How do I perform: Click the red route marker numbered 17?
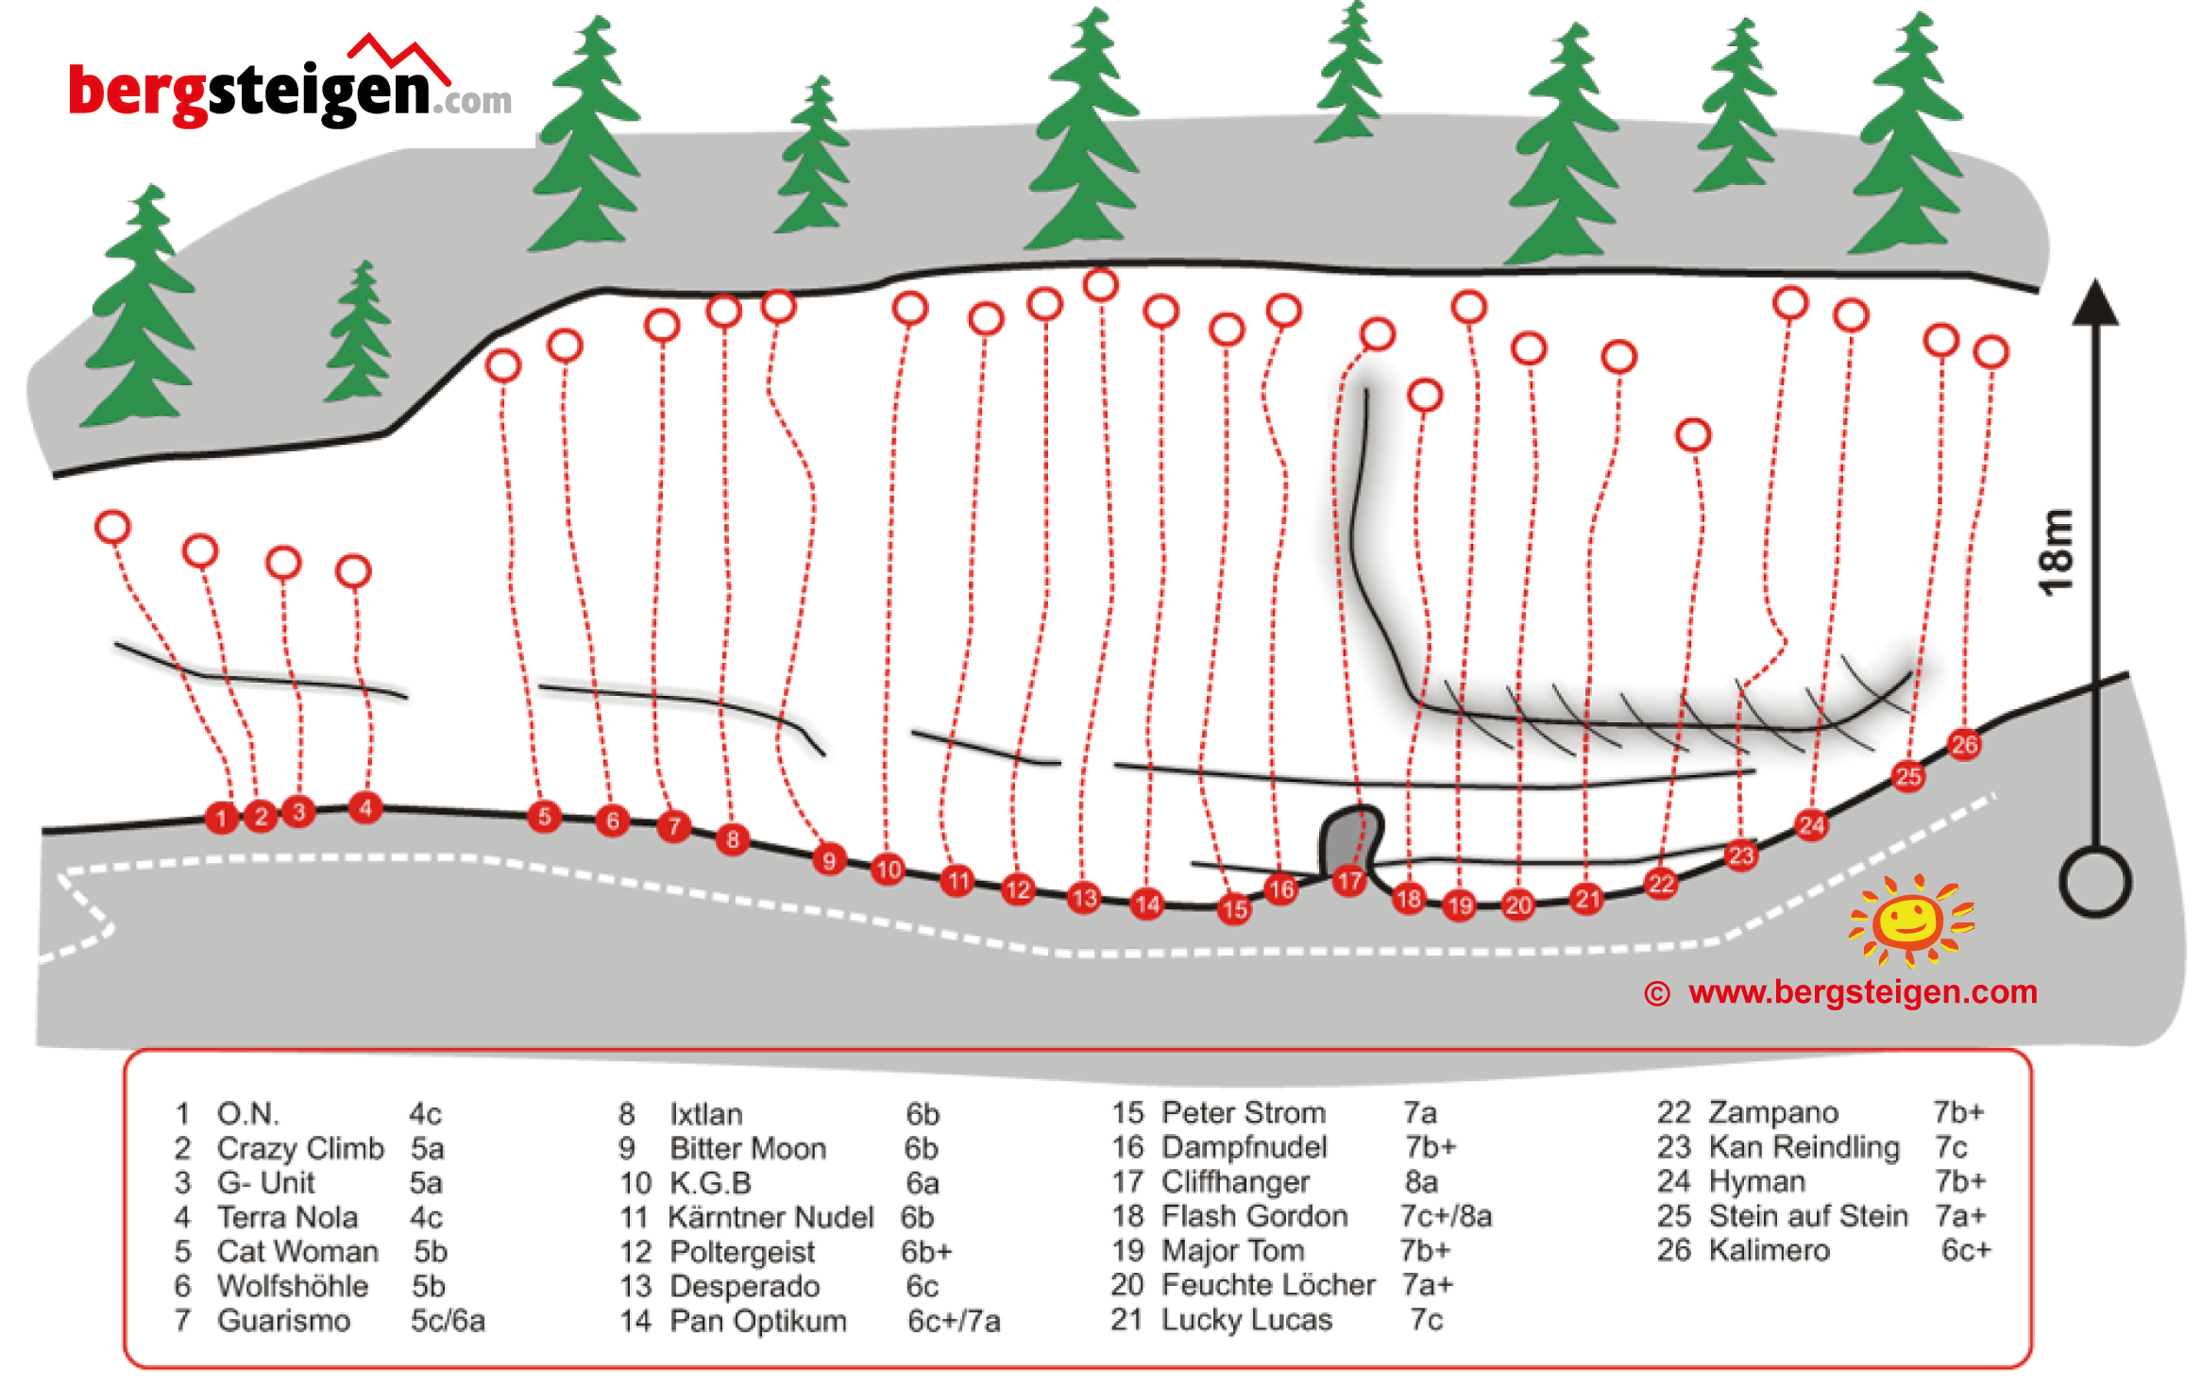pos(1349,882)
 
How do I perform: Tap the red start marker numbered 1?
pos(221,818)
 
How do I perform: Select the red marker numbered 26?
pos(1964,745)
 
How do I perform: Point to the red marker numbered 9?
pos(828,860)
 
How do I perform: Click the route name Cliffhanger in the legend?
pos(1235,1182)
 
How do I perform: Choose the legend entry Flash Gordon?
pos(1254,1216)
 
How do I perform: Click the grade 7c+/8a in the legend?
pos(1446,1216)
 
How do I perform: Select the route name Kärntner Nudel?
pos(771,1217)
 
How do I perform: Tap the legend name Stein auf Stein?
pos(1807,1216)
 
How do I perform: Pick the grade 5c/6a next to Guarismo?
pos(448,1320)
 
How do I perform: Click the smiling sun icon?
pos(1909,921)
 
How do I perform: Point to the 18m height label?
pos(2057,552)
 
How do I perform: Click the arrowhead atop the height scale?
pos(2095,302)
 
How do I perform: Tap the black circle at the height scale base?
pos(2095,883)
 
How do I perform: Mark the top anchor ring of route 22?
pos(1693,435)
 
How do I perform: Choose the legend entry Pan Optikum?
pos(757,1320)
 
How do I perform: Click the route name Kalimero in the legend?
pos(1769,1250)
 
